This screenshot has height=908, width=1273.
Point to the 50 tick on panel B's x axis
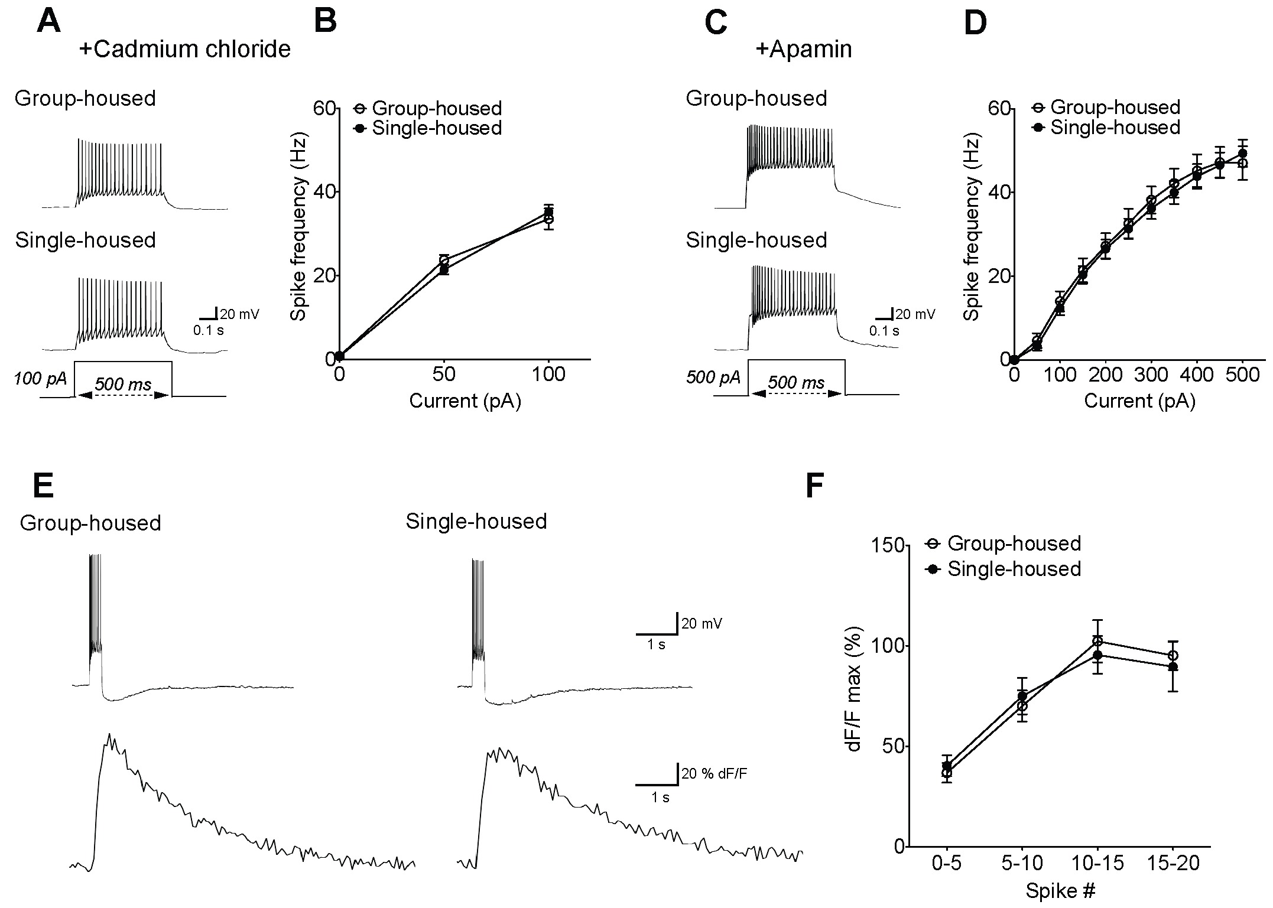[x=444, y=375]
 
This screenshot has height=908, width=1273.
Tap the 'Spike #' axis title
[x=1060, y=891]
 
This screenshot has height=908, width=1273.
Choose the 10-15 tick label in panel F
[x=1097, y=864]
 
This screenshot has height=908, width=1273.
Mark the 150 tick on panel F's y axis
[x=888, y=545]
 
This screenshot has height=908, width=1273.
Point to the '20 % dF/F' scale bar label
[x=714, y=773]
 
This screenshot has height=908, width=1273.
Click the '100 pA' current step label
[x=40, y=377]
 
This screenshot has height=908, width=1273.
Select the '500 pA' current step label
[x=713, y=377]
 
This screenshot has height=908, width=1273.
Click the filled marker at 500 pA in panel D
[x=1242, y=153]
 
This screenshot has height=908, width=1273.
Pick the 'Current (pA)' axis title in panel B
[x=465, y=401]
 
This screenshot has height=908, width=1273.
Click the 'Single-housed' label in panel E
[x=476, y=521]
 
